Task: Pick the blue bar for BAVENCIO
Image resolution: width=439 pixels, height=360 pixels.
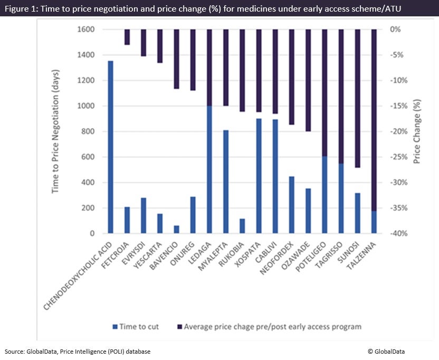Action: pyautogui.click(x=177, y=229)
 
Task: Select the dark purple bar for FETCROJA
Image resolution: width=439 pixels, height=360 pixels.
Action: pyautogui.click(x=127, y=37)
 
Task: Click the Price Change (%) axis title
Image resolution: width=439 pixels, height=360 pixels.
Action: pyautogui.click(x=417, y=131)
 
